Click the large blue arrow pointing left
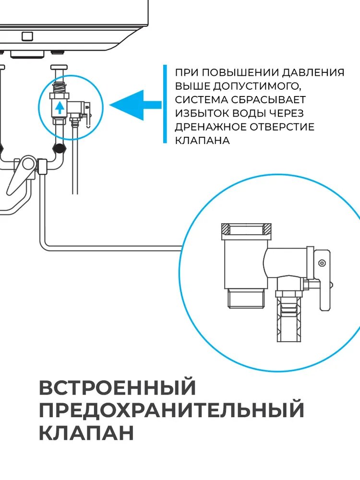click(134, 105)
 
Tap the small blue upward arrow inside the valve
click(59, 107)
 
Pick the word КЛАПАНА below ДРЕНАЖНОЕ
click(202, 141)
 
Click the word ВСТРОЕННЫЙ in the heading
click(118, 388)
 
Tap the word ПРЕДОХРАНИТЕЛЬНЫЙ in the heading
click(171, 411)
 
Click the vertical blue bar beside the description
click(164, 104)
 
